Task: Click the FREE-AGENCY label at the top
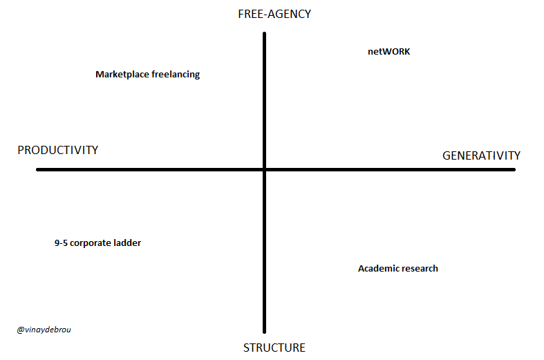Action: pos(274,14)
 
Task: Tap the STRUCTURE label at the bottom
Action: pos(274,348)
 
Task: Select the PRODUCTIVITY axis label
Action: pos(58,150)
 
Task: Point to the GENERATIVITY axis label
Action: pos(481,155)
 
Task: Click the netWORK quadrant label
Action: pos(388,51)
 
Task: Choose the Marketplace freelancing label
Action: pos(147,75)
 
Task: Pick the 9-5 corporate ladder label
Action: pos(97,243)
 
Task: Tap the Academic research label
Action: pos(397,268)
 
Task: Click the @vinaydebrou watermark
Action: pos(44,330)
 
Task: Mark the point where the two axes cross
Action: pos(265,169)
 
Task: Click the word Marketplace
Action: pos(122,75)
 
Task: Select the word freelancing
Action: pos(176,75)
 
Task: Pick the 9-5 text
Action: pos(61,243)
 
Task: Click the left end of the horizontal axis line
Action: pos(38,169)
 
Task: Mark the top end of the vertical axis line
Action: pos(265,34)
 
